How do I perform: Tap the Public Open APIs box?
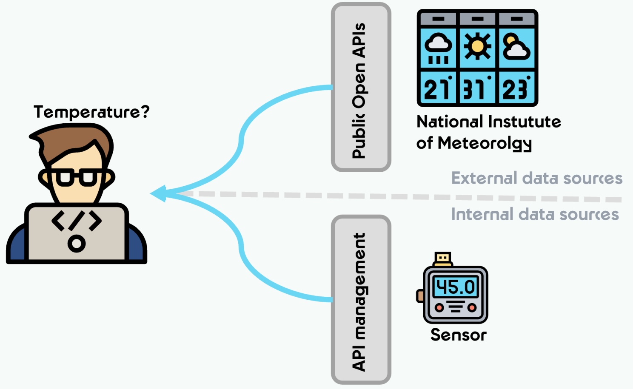361,87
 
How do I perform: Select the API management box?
361,299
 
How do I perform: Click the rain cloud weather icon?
438,48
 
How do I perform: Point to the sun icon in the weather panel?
477,46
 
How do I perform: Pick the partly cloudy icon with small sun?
516,47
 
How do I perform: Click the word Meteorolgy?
485,144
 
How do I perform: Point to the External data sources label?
536,178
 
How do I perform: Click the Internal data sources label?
535,214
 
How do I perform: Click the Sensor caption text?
458,335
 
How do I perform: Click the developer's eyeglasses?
76,177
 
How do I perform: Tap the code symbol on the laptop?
76,221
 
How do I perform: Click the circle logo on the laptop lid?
76,244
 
